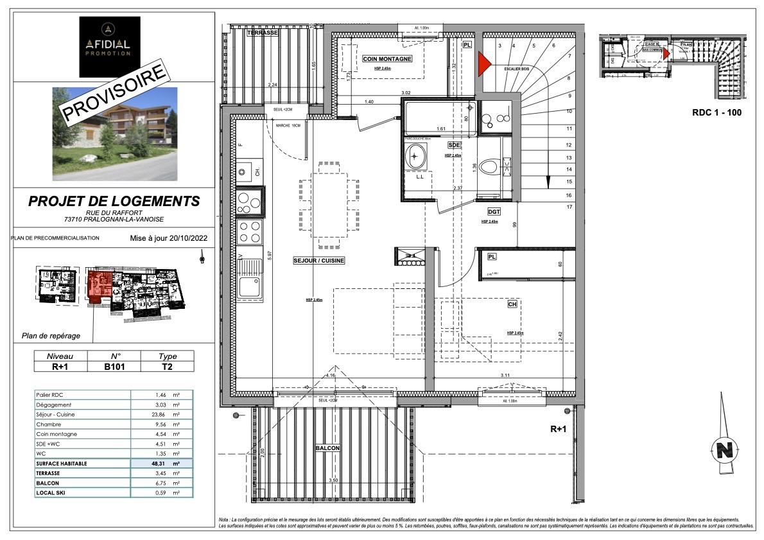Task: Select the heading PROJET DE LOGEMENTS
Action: (114, 201)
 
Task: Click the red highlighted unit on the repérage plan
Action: (99, 285)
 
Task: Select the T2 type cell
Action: (167, 368)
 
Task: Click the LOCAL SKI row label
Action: (56, 492)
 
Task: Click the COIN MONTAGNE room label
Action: (386, 59)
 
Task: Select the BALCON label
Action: (327, 448)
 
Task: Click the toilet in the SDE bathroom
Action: (492, 168)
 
